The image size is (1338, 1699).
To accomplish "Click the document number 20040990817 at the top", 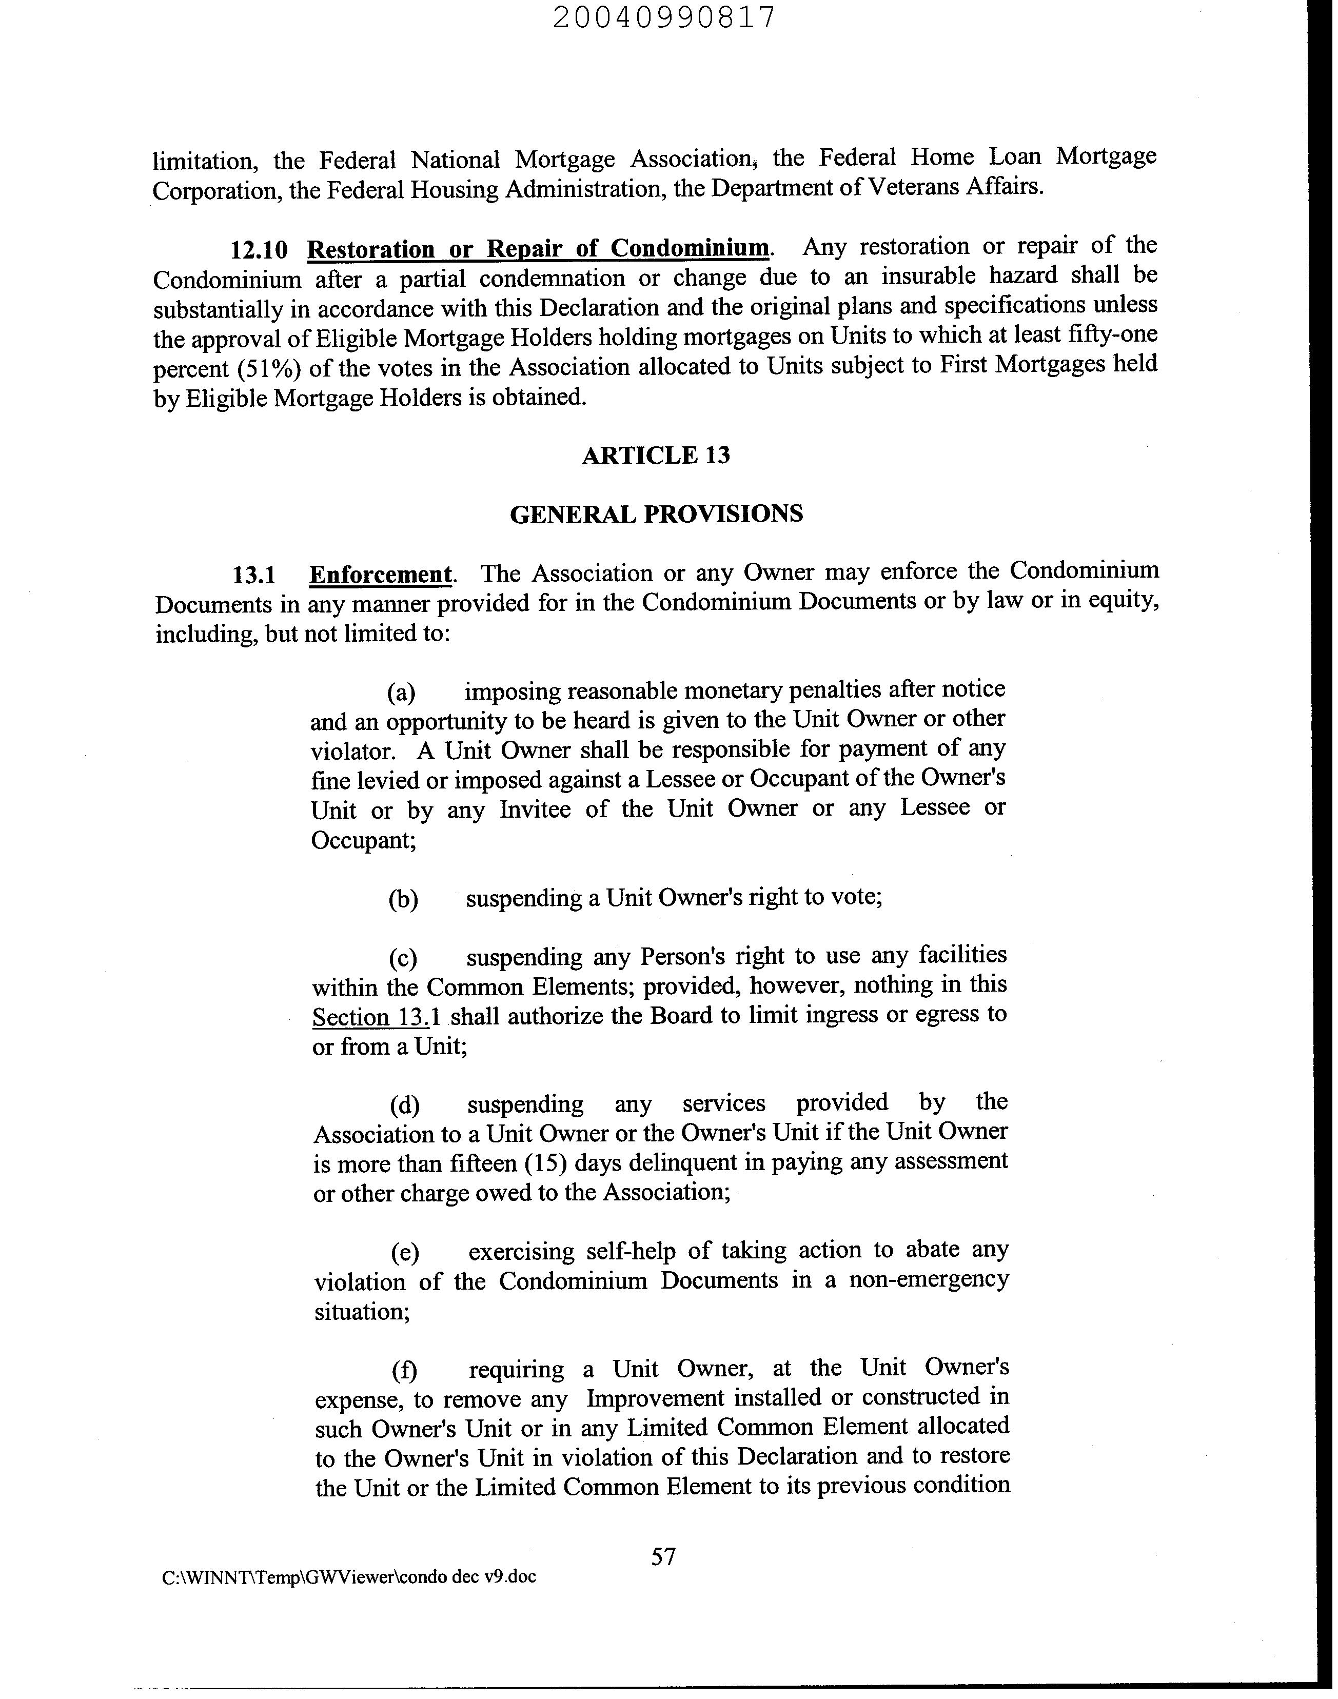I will [x=664, y=17].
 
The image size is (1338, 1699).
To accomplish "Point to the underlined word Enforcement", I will [x=381, y=574].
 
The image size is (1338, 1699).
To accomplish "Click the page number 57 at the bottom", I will [x=663, y=1556].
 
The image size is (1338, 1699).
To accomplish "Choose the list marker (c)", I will [x=403, y=958].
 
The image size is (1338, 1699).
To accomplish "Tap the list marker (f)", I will [x=404, y=1371].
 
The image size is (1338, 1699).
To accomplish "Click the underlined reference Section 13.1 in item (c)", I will [x=377, y=1017].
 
